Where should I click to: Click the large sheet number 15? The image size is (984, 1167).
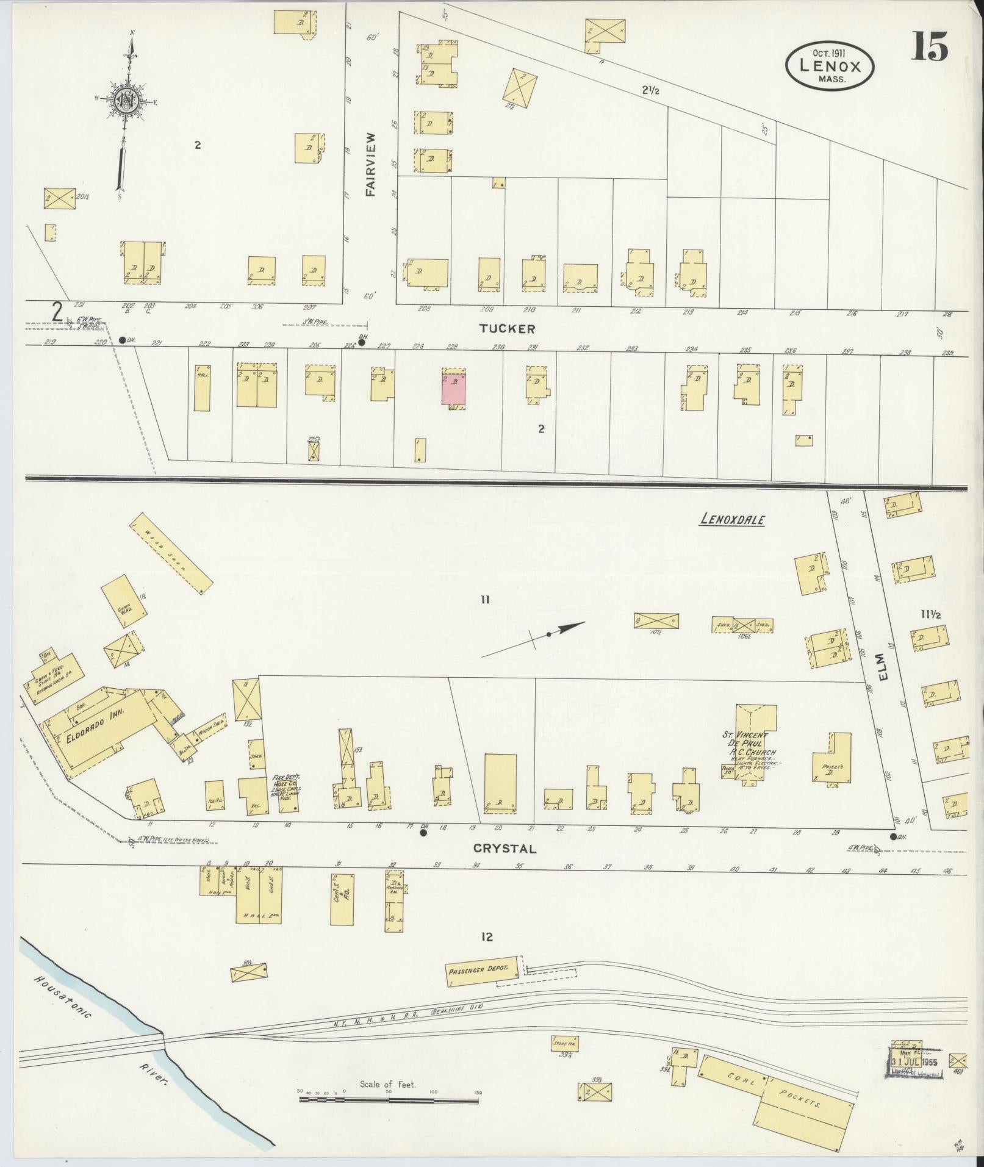pyautogui.click(x=930, y=48)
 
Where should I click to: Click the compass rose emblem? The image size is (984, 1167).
pyautogui.click(x=124, y=101)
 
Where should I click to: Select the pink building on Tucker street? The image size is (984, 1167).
pyautogui.click(x=453, y=389)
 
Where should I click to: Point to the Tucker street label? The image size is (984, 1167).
pyautogui.click(x=507, y=329)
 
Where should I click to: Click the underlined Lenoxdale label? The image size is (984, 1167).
pyautogui.click(x=732, y=520)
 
